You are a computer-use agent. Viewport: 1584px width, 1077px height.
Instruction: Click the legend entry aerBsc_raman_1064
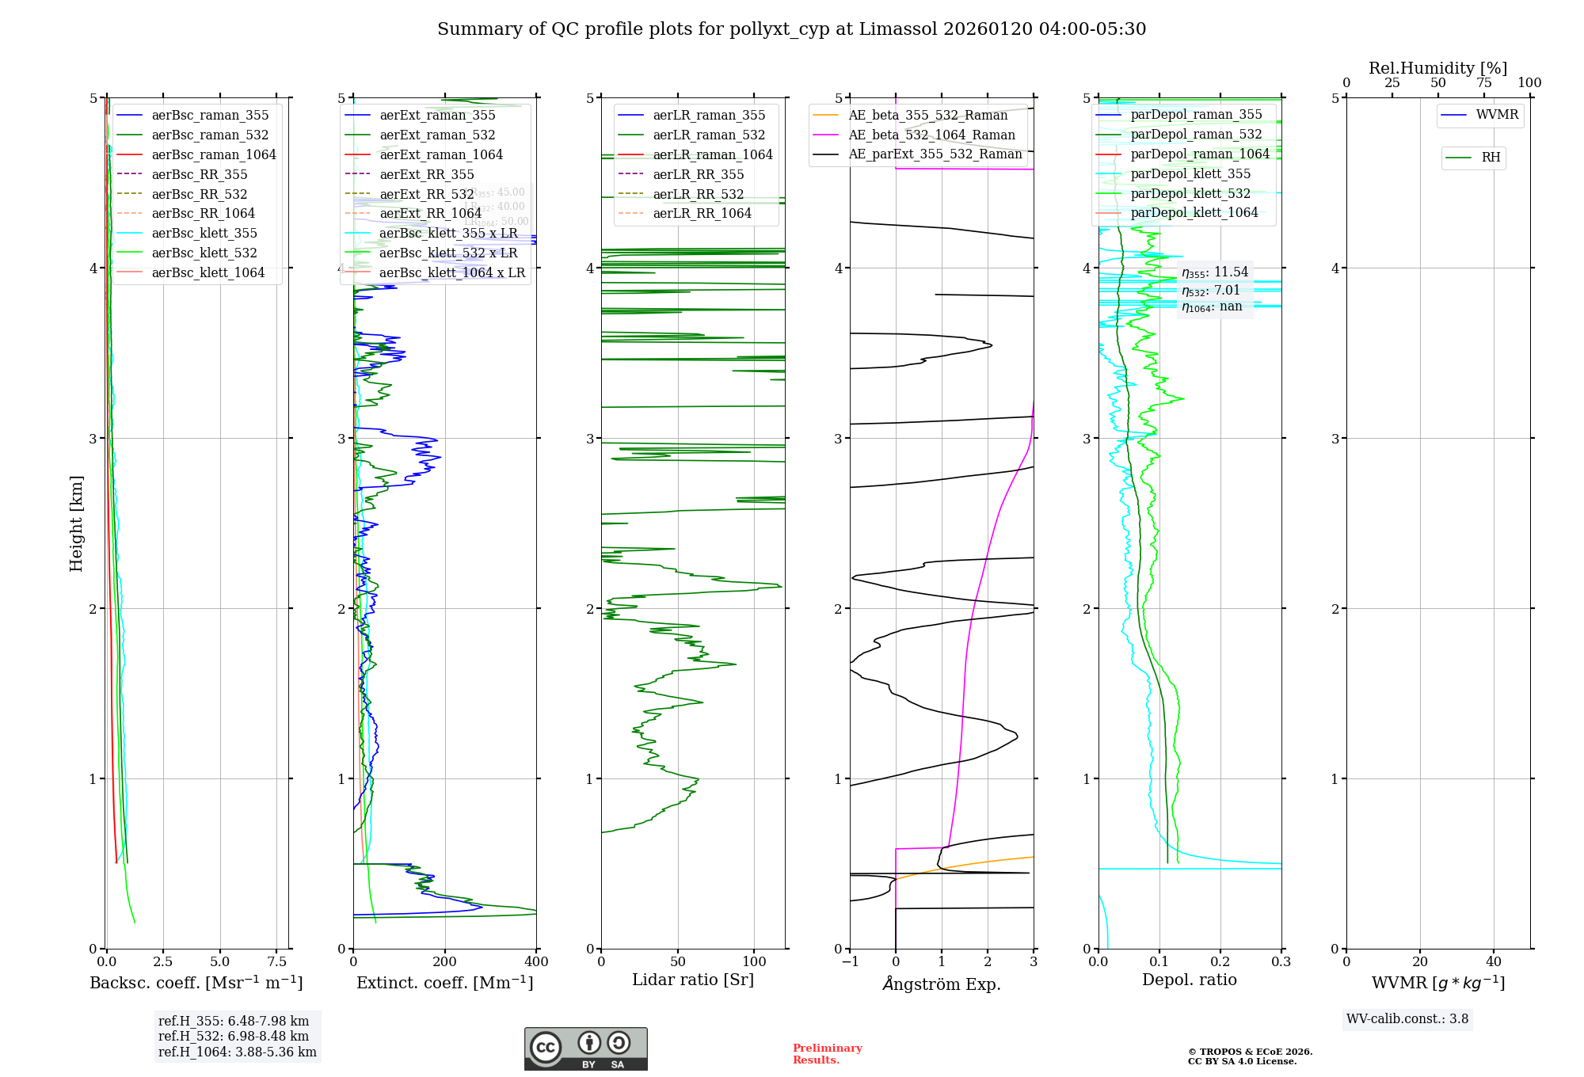coord(214,154)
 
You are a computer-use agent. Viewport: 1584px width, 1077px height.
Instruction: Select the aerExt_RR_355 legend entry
coord(427,174)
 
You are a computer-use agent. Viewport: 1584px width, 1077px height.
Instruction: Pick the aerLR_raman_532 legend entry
coord(709,135)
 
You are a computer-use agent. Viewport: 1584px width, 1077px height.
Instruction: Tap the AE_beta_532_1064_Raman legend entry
coord(931,135)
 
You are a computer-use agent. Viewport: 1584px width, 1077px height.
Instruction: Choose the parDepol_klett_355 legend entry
coord(1190,173)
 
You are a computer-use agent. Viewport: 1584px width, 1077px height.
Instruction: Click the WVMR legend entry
coord(1497,115)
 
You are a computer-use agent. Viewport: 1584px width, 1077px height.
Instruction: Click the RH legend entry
coord(1491,158)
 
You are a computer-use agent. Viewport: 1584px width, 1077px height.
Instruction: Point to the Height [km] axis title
coord(76,523)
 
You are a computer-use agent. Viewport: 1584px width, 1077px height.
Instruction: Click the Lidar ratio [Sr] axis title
coord(693,980)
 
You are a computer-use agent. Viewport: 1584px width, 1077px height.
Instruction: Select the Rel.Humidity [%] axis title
coord(1437,68)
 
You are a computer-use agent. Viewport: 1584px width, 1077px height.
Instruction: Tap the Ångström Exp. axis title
coord(942,984)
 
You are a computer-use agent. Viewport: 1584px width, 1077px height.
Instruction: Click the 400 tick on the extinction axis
coord(536,961)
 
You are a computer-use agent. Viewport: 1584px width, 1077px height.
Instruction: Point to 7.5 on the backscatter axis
coord(277,961)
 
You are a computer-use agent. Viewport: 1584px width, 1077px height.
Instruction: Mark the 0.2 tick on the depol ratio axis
coord(1220,961)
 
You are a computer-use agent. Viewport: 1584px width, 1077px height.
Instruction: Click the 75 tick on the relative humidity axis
coord(1483,82)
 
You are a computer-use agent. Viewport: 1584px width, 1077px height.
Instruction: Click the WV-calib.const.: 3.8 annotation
coord(1407,1018)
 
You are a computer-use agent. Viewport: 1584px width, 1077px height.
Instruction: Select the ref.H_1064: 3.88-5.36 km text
coord(238,1052)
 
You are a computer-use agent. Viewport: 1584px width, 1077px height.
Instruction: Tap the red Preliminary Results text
coord(827,1054)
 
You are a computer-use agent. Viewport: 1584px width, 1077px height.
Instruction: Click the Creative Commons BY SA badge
coord(585,1049)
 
